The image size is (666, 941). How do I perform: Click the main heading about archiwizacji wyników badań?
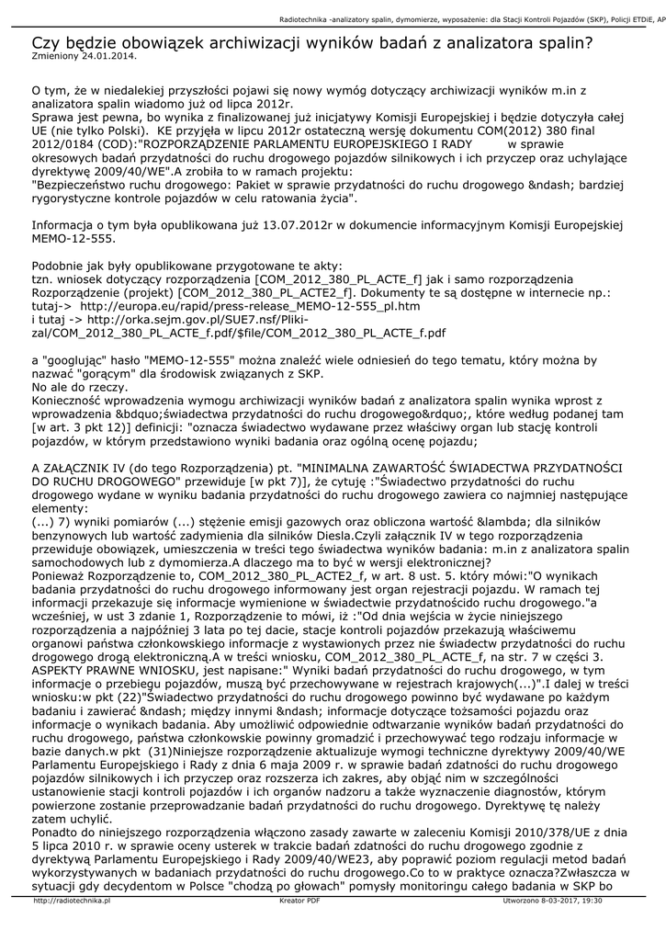point(312,42)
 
